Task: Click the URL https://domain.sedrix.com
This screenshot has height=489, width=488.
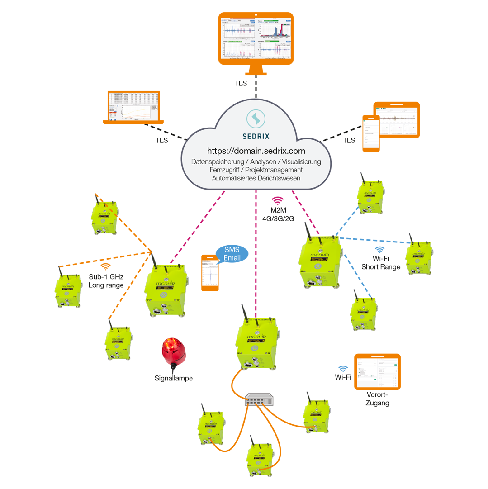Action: point(256,151)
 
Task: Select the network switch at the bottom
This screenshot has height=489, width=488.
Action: point(259,399)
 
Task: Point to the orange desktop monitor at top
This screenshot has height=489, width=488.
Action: point(256,36)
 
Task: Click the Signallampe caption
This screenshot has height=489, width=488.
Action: point(174,378)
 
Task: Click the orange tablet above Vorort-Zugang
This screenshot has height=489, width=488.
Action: point(378,371)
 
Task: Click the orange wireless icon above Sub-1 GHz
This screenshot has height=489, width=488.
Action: point(105,266)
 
